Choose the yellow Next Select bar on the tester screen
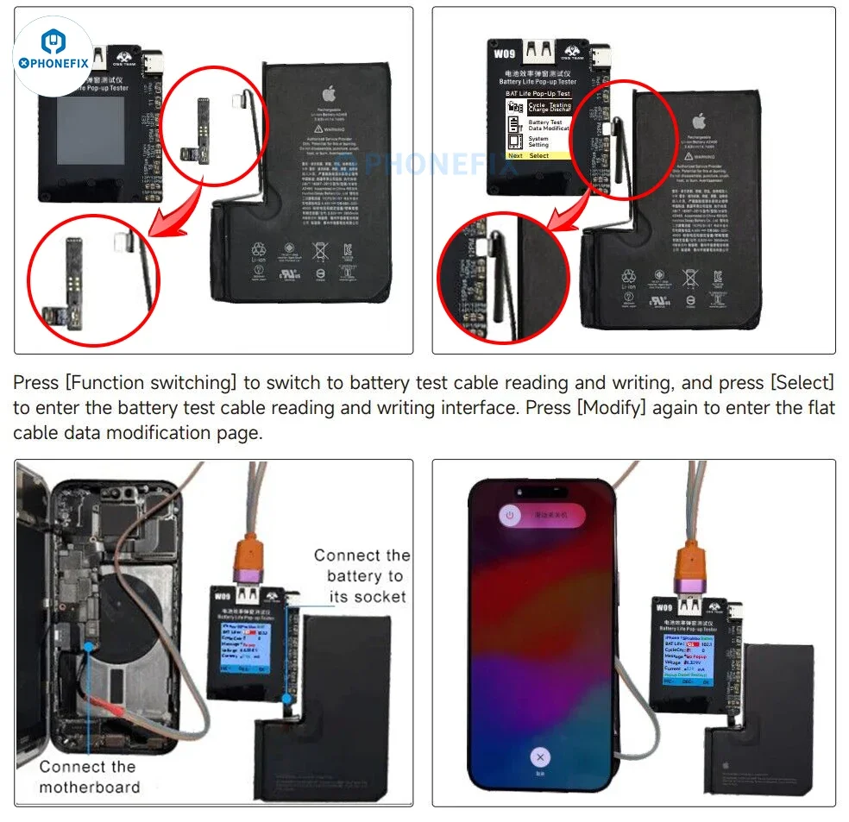(538, 155)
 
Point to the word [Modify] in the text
(611, 408)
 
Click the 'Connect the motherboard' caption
(88, 776)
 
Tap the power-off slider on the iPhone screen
(541, 516)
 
